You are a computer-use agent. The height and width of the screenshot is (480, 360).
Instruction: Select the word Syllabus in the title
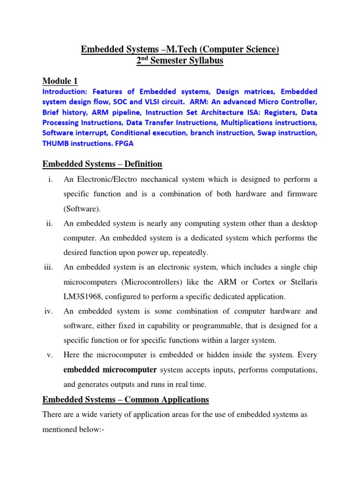click(204, 61)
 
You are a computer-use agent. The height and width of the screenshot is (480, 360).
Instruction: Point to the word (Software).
click(82, 208)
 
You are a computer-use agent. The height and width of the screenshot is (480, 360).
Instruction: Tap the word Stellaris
click(301, 282)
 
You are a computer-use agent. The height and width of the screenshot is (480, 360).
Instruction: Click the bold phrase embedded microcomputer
click(111, 370)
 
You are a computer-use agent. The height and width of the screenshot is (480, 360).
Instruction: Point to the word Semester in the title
click(161, 61)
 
